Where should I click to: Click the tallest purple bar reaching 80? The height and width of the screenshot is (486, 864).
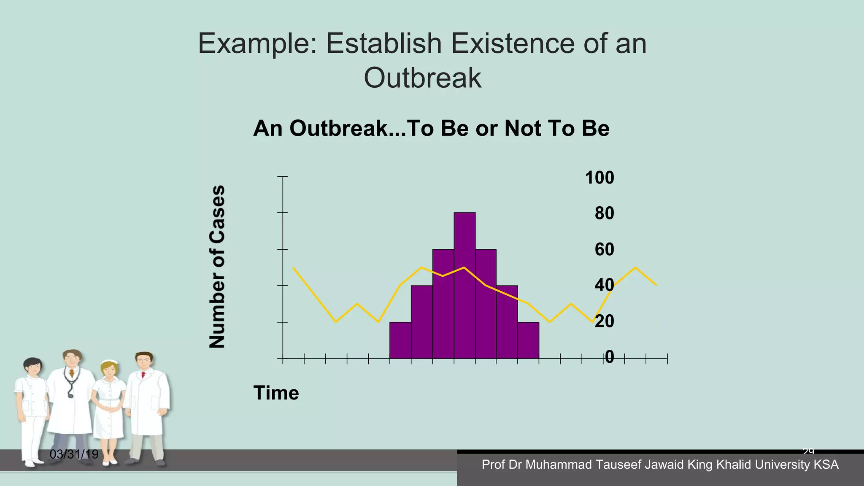pos(464,285)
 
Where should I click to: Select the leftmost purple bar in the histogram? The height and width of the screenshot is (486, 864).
pos(400,340)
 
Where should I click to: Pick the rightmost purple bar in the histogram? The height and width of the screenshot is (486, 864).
pos(528,340)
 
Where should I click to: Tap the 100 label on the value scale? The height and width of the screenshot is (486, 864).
pos(599,178)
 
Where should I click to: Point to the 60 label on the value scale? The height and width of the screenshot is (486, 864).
pos(604,249)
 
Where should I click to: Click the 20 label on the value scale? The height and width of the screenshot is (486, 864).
pos(604,321)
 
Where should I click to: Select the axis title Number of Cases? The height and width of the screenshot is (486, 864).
pos(217,267)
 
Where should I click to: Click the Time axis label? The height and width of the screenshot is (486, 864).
pos(276,393)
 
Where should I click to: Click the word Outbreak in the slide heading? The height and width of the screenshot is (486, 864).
pos(422,78)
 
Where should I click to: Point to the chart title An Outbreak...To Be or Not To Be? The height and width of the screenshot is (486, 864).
pos(431,128)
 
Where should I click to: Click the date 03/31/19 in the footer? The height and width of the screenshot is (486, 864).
pos(74,454)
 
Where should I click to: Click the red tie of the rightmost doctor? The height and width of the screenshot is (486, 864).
pos(143,375)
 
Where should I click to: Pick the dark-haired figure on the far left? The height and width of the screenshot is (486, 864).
pos(31,405)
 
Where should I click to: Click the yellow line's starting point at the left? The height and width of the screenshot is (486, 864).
pos(293,267)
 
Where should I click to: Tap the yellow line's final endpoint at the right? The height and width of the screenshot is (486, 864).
pos(656,285)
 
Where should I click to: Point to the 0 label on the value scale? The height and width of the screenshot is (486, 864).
pos(609,357)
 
